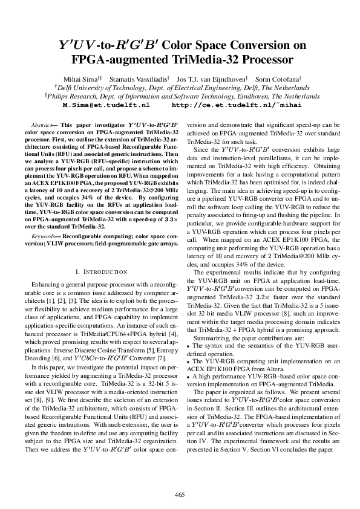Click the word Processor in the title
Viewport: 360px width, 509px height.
tap(260, 60)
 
